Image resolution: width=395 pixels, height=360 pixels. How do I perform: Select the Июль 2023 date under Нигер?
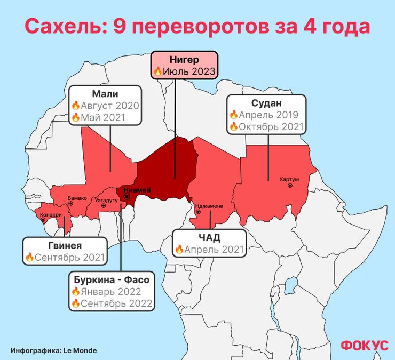pyautogui.click(x=188, y=71)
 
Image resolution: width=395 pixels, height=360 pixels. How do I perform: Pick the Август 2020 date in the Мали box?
pyautogui.click(x=109, y=106)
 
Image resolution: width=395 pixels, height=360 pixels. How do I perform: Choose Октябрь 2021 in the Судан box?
pyautogui.click(x=271, y=127)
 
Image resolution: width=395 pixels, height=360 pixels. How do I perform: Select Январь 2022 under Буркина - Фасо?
pyautogui.click(x=110, y=292)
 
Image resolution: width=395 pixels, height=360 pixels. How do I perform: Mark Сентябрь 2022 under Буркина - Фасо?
pyautogui.click(x=116, y=303)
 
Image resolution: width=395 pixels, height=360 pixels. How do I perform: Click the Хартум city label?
pyautogui.click(x=289, y=179)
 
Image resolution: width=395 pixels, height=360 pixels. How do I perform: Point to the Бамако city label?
pyautogui.click(x=77, y=198)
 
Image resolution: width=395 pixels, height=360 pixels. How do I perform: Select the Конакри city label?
pyautogui.click(x=51, y=215)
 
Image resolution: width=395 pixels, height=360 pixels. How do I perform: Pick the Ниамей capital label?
pyautogui.click(x=138, y=190)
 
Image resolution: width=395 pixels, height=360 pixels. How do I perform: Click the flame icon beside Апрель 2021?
pyautogui.click(x=179, y=249)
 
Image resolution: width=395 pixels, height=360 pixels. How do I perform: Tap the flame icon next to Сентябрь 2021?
pyautogui.click(x=29, y=258)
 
